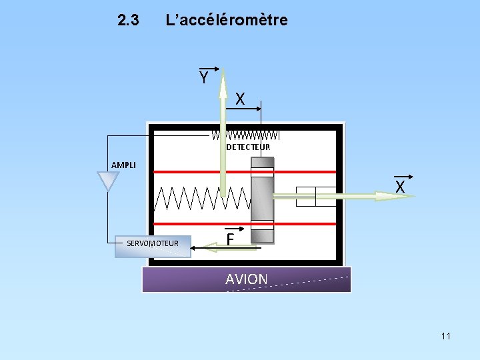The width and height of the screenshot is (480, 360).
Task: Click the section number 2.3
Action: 128,21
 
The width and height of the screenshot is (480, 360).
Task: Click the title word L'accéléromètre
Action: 227,20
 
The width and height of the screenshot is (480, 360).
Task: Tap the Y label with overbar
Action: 205,77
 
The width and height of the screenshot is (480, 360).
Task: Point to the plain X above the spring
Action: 241,99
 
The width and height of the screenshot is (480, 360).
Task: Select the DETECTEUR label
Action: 248,147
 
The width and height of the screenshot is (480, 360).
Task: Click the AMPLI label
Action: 123,165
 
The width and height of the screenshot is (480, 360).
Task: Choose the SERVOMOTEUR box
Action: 153,244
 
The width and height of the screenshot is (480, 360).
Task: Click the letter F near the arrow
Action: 231,238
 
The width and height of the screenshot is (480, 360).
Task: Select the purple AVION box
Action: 246,279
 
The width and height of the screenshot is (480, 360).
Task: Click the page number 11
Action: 445,336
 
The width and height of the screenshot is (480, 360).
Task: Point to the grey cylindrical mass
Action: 262,200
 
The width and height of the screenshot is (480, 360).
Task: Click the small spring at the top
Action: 245,135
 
